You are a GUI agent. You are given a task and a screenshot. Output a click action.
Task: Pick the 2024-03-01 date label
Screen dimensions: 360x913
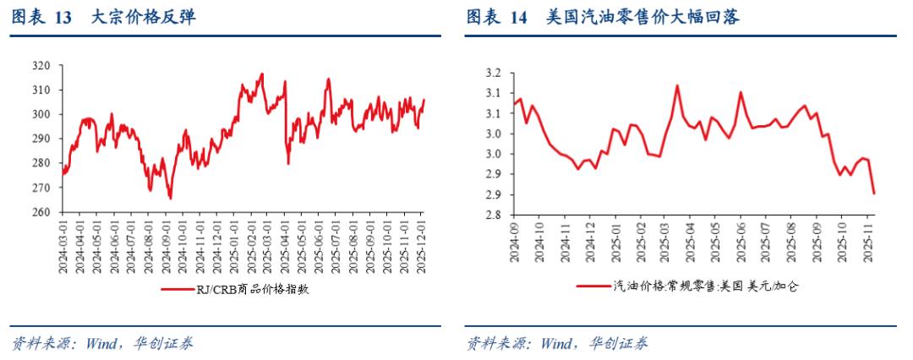click(x=63, y=245)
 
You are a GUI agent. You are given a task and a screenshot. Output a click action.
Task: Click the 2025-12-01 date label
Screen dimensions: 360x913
click(x=424, y=245)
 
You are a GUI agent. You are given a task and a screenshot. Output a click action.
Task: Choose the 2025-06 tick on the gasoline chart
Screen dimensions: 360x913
click(x=741, y=240)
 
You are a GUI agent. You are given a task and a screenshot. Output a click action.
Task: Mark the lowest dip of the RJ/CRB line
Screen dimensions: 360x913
click(x=170, y=199)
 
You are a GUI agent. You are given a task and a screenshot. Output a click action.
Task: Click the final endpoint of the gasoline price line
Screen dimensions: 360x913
click(x=873, y=194)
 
